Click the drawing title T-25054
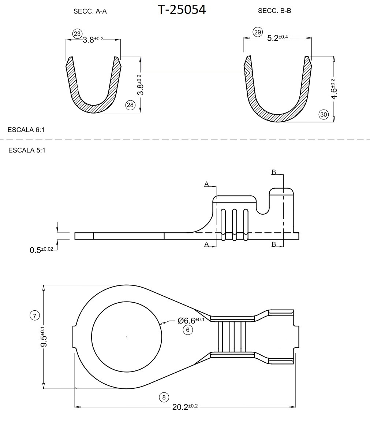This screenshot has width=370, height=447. click(x=182, y=10)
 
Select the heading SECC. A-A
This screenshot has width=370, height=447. click(x=90, y=11)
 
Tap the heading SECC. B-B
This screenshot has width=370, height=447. click(x=274, y=11)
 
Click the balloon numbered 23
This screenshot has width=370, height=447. click(x=77, y=34)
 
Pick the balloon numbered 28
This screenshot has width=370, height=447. click(x=130, y=105)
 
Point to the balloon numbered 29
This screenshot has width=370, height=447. click(x=258, y=32)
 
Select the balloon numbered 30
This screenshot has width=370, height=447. click(x=324, y=115)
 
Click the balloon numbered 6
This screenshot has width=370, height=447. click(x=188, y=330)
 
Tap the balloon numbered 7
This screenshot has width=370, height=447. click(x=34, y=315)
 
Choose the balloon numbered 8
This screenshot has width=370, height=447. click(x=164, y=397)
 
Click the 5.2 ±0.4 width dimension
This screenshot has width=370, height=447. click(x=277, y=38)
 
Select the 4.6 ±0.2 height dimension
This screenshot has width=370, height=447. click(x=333, y=89)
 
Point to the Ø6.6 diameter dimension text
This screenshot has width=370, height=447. click(x=191, y=320)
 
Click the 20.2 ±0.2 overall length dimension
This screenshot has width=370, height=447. click(x=185, y=407)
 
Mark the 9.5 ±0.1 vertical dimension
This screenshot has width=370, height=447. click(x=43, y=337)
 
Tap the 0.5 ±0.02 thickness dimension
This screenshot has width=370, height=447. click(x=41, y=250)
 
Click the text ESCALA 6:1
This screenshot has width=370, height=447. click(x=26, y=130)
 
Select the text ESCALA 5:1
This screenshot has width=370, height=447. click(x=27, y=150)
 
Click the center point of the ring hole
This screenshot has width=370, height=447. click(x=127, y=337)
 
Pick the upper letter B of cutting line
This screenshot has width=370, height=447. click(x=273, y=172)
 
